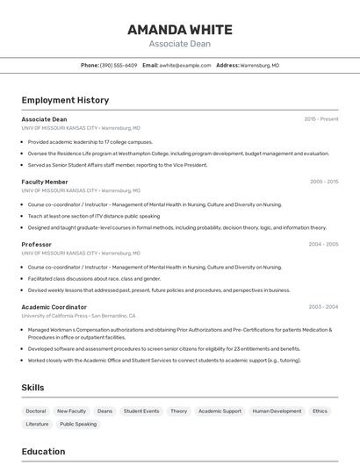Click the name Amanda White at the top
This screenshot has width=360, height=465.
click(179, 29)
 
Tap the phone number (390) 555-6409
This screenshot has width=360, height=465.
click(118, 65)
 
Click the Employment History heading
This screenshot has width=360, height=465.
click(65, 100)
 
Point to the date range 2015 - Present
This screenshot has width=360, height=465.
click(321, 118)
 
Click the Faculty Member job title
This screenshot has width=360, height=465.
click(45, 182)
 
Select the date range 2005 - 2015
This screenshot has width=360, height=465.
click(324, 182)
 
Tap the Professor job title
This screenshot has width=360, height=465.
click(37, 244)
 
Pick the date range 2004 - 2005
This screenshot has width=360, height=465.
click(324, 244)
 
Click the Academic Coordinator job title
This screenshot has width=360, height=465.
click(54, 307)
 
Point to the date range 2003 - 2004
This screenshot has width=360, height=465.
click(323, 307)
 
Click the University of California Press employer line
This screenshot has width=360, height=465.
click(78, 315)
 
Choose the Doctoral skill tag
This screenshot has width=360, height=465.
click(36, 411)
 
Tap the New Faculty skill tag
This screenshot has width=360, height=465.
click(71, 411)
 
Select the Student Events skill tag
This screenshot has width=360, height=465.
click(141, 411)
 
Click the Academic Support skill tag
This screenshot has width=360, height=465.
click(220, 411)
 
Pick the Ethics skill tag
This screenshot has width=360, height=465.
click(320, 411)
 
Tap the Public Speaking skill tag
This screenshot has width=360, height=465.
click(78, 424)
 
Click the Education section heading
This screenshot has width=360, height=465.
click(44, 452)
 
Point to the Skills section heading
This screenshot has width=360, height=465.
click(32, 387)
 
